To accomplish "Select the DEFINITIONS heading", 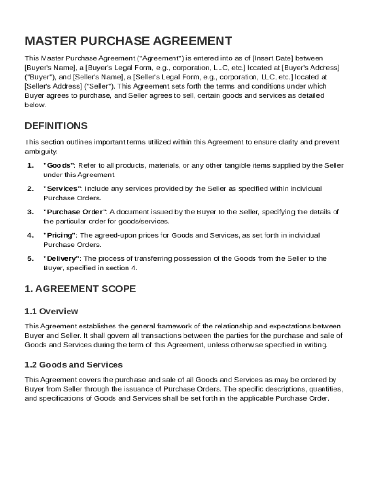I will click(56, 126).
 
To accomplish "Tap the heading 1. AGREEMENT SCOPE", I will click(80, 289).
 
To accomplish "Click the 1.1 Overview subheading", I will click(51, 311).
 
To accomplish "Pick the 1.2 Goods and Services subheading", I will click(74, 365).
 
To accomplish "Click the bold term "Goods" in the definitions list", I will click(59, 165).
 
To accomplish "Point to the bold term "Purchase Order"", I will click(75, 212).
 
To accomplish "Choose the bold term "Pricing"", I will click(59, 235).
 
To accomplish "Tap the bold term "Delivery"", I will click(62, 259).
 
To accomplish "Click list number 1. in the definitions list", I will click(30, 165).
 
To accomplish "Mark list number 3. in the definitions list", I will click(30, 212).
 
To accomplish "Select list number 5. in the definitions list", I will click(30, 259).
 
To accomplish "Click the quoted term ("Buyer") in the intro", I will click(40, 77).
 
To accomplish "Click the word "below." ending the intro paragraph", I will click(35, 105).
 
